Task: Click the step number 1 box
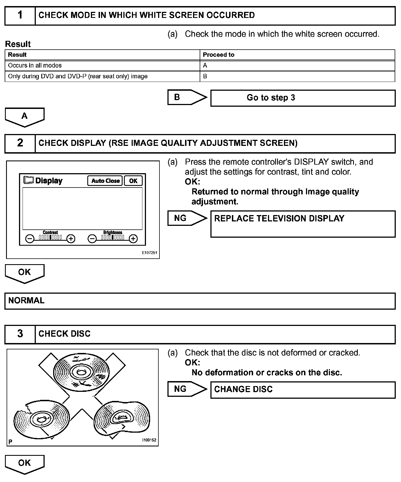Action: tap(20, 15)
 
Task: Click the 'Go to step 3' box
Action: tap(303, 98)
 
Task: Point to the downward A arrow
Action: tap(25, 117)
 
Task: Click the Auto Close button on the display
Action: tap(105, 181)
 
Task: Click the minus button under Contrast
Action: tap(30, 239)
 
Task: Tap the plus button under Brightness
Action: tap(133, 239)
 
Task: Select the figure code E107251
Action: tap(150, 253)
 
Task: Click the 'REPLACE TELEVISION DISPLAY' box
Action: tap(303, 224)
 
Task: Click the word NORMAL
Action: tap(26, 301)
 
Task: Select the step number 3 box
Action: tap(20, 334)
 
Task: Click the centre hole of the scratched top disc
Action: tap(81, 373)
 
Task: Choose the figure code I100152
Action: tap(149, 440)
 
